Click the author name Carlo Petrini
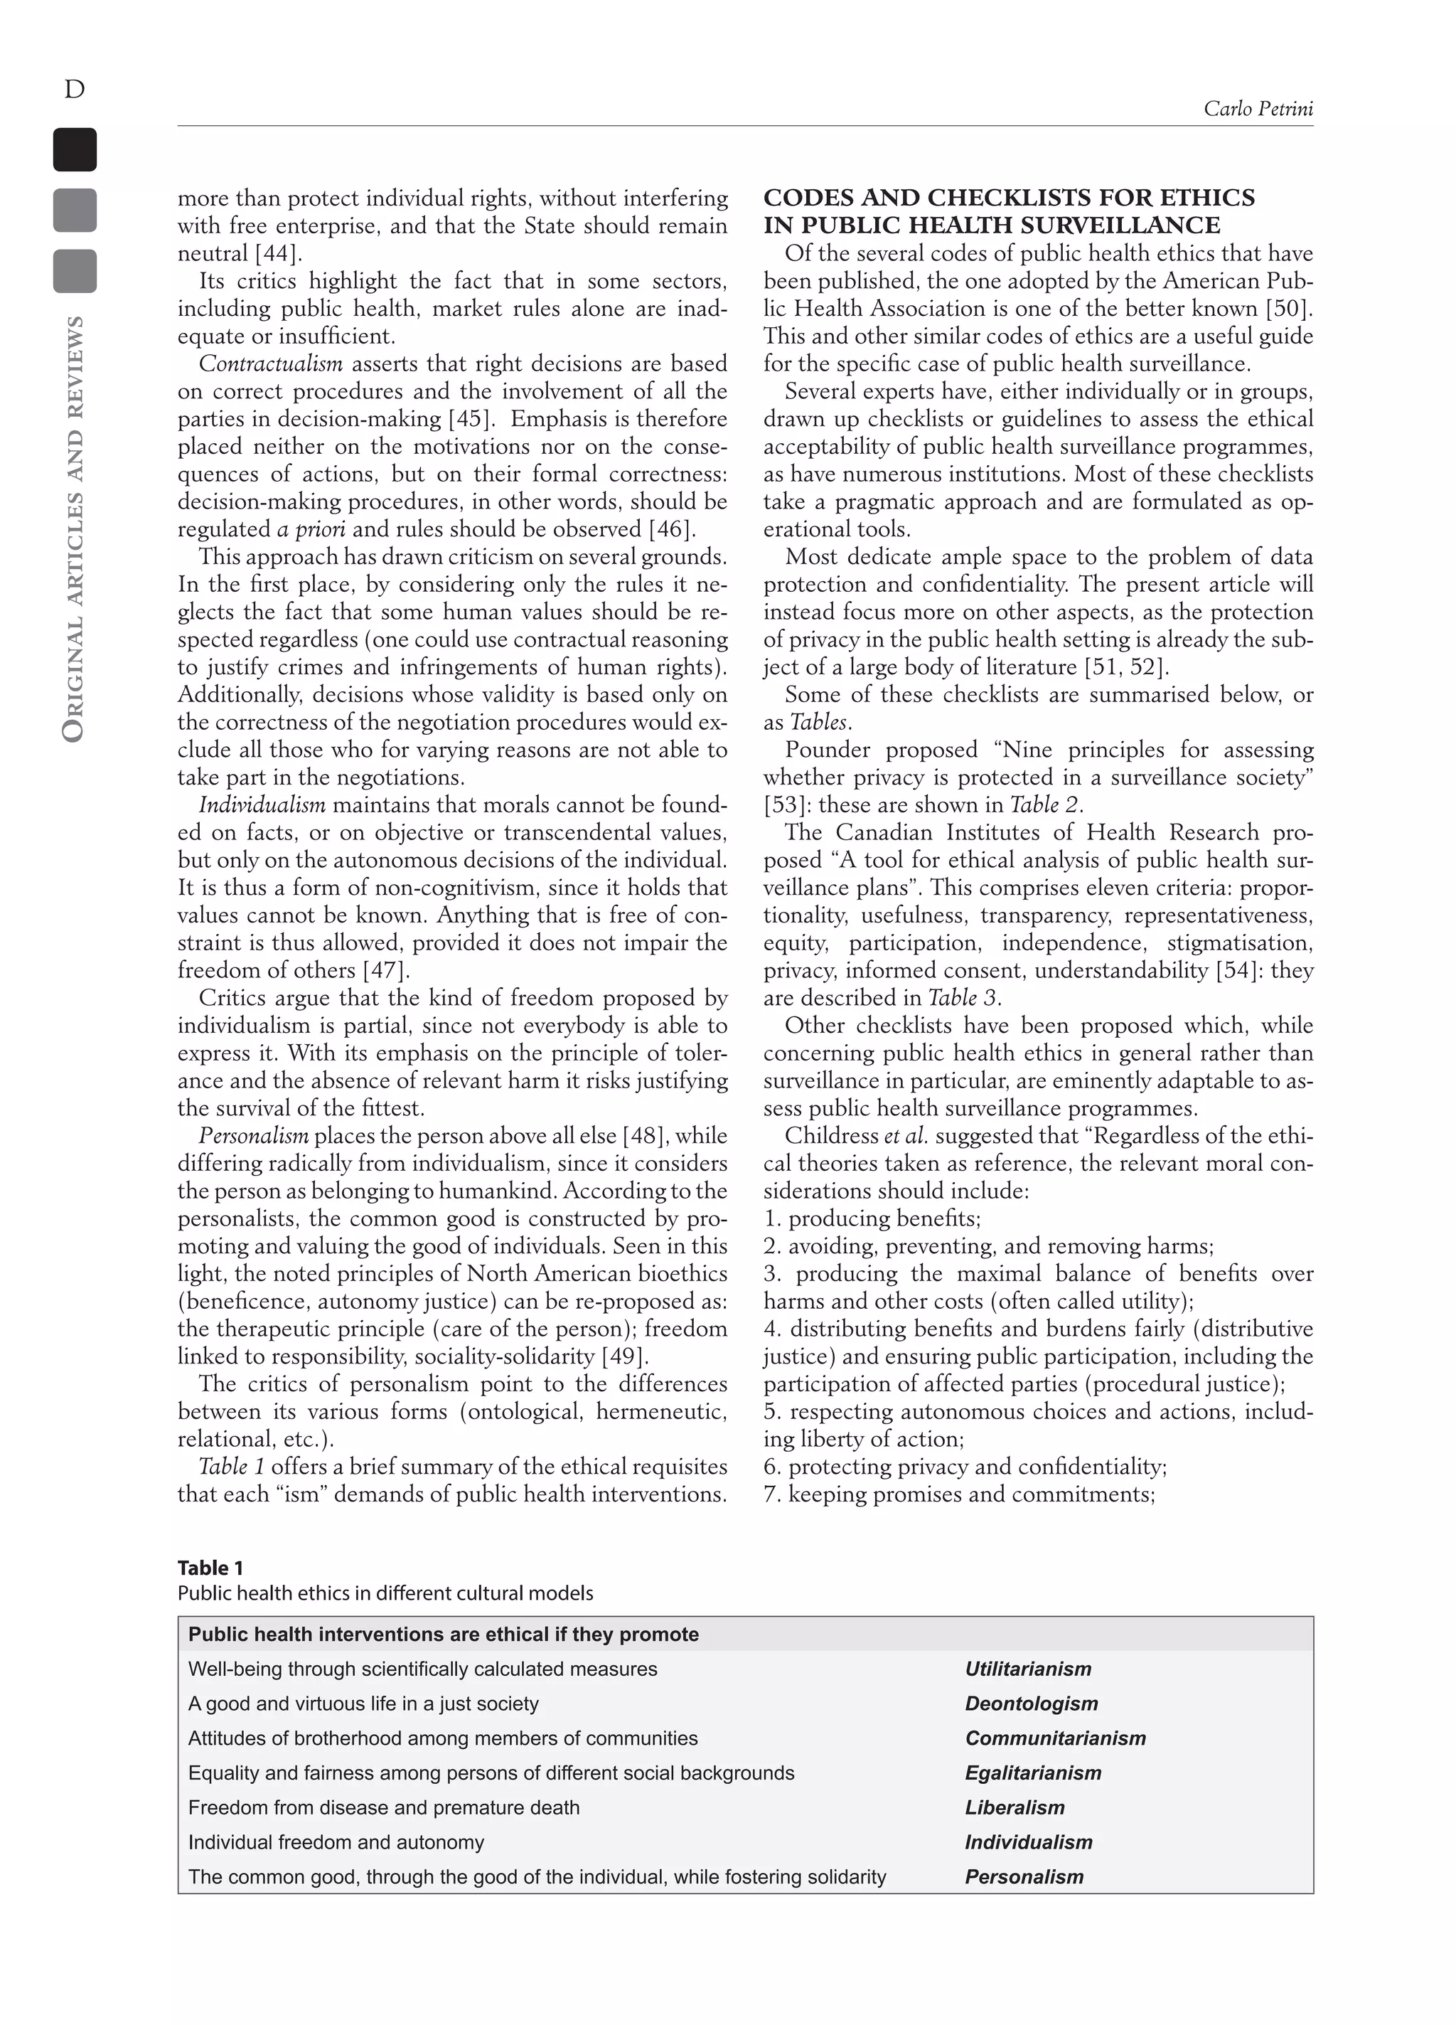pyautogui.click(x=1257, y=109)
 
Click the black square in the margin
pyautogui.click(x=75, y=150)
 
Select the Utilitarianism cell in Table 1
pyautogui.click(x=1027, y=1669)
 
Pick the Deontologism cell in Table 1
pyautogui.click(x=1031, y=1704)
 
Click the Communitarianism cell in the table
pyautogui.click(x=1055, y=1738)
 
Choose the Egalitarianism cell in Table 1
pyautogui.click(x=1033, y=1773)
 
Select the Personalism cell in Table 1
pyautogui.click(x=1024, y=1877)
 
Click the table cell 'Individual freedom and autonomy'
pyautogui.click(x=336, y=1843)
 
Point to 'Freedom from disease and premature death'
pyautogui.click(x=384, y=1808)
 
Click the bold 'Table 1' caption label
pyautogui.click(x=210, y=1568)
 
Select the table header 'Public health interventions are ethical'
pyautogui.click(x=444, y=1635)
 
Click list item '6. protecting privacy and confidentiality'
pyautogui.click(x=965, y=1467)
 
